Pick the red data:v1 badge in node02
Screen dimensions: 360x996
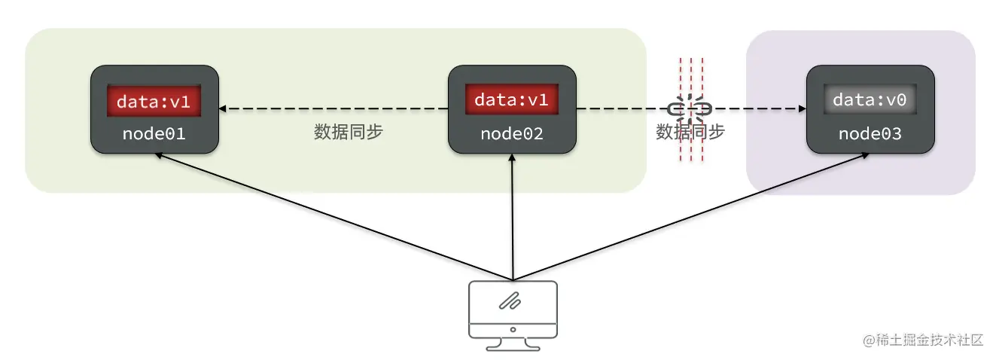coord(512,99)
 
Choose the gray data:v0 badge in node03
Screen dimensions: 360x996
coord(870,99)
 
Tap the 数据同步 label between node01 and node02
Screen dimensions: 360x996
coord(349,132)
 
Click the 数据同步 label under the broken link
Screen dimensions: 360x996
coord(690,132)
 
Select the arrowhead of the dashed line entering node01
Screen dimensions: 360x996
coord(224,109)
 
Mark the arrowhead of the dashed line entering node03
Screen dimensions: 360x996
coord(800,109)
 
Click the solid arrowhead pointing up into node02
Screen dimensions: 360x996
coord(512,159)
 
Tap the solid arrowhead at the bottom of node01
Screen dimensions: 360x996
coord(159,155)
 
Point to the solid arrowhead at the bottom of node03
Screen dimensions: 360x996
coord(867,156)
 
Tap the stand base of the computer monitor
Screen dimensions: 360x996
coord(513,347)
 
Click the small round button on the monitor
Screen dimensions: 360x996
coord(513,329)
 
